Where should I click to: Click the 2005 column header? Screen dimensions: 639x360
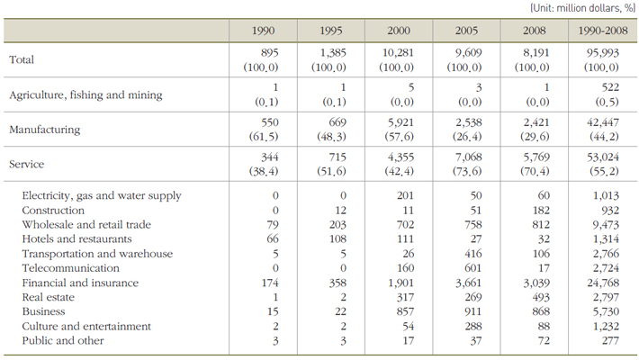[466, 31]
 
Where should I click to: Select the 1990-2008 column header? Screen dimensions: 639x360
[603, 31]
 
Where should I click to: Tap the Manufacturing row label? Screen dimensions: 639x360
[45, 130]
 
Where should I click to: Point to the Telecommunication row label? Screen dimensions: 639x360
[70, 268]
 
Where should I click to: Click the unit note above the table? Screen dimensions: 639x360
[583, 8]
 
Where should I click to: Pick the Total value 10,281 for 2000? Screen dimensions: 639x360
[398, 52]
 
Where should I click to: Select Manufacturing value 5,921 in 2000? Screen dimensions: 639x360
[400, 122]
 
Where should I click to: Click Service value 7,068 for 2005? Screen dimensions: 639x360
[468, 157]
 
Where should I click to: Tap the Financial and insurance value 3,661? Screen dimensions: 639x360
[468, 283]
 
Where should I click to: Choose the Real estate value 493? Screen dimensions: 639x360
[541, 297]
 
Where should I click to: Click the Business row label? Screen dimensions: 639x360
[43, 311]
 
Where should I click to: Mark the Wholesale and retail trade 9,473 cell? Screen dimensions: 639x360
[606, 225]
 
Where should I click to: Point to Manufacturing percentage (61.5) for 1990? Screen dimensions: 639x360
[264, 137]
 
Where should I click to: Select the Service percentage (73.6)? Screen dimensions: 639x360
[467, 171]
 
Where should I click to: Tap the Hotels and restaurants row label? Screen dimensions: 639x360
[76, 238]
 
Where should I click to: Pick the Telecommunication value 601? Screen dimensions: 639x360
[473, 268]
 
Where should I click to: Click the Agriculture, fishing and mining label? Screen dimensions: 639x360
[85, 95]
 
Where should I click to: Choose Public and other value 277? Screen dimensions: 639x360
[610, 340]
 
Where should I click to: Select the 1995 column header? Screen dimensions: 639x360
[330, 31]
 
